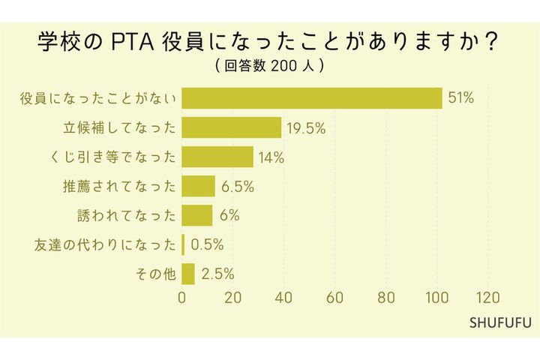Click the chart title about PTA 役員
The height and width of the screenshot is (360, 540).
(x=269, y=41)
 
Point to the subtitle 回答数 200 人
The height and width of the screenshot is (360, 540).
(x=269, y=67)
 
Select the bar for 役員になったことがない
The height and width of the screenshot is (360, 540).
(x=312, y=98)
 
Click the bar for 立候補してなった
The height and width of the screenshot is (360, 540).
(x=232, y=127)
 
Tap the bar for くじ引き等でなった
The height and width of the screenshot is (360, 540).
(x=217, y=157)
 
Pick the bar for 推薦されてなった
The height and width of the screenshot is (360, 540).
(x=199, y=186)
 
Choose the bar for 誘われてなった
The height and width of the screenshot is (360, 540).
(x=197, y=215)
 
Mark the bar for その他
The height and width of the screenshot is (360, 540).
(x=188, y=274)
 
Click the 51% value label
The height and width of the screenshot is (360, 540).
(x=460, y=98)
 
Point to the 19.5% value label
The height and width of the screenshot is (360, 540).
(x=305, y=127)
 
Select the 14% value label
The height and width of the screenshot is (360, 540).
(x=271, y=157)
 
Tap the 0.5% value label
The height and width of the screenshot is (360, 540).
(x=208, y=244)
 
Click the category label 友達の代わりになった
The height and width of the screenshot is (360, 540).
(x=105, y=244)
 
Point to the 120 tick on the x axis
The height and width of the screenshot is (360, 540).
(x=488, y=296)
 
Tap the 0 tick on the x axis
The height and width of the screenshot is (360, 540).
(x=182, y=296)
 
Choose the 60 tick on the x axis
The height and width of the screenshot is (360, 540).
(x=335, y=296)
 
